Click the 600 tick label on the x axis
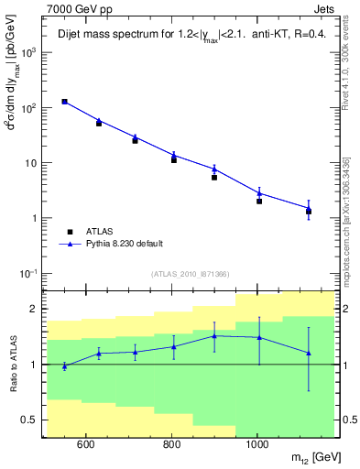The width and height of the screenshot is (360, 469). point(86,446)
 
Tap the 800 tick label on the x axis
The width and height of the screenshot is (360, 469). point(171,446)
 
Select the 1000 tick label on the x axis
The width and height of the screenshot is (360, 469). point(256,446)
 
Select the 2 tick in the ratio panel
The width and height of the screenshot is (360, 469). point(35,310)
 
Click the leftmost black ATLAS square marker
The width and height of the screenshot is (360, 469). point(65,102)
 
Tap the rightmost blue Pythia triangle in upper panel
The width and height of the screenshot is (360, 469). point(309,209)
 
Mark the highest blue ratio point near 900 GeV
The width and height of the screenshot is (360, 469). point(214,336)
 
